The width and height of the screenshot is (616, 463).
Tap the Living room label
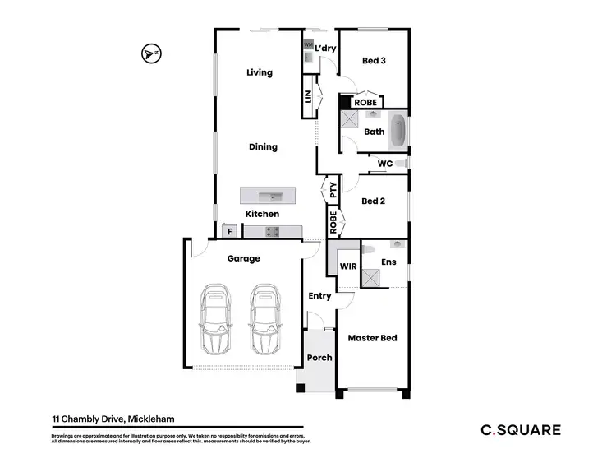point(260,73)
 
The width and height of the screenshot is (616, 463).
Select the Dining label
point(263,147)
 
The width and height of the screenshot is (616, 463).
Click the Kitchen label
point(263,214)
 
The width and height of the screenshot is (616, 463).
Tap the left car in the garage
point(217,318)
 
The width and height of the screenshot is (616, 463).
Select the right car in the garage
point(264,318)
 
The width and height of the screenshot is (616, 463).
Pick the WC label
point(384,164)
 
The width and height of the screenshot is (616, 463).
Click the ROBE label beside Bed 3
point(365,103)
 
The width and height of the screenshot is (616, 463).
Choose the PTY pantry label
point(333,191)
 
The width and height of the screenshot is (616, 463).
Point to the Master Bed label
point(372,338)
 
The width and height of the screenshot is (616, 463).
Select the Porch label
point(319,358)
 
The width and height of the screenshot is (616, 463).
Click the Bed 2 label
point(374,201)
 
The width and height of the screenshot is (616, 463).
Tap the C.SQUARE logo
point(521,429)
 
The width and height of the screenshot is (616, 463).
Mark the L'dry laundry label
point(326,49)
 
